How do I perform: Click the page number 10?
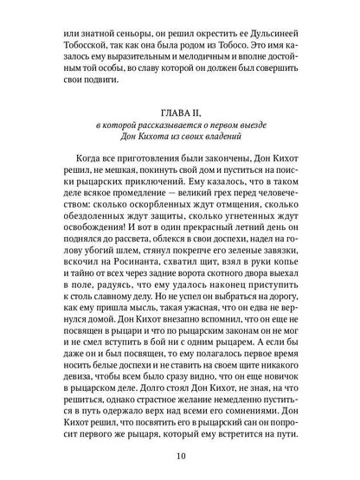[179, 457]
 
